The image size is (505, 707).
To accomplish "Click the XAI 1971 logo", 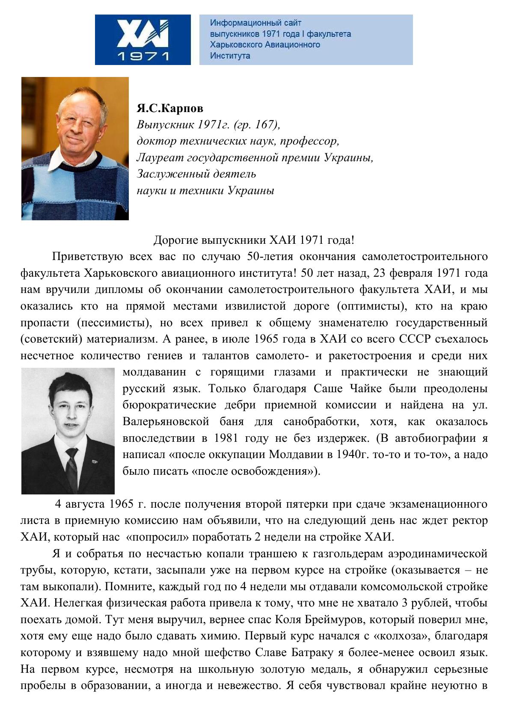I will point(143,40).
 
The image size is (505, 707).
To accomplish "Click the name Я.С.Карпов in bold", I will point(170,108).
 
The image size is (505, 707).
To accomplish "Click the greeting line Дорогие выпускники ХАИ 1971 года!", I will point(254,240).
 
